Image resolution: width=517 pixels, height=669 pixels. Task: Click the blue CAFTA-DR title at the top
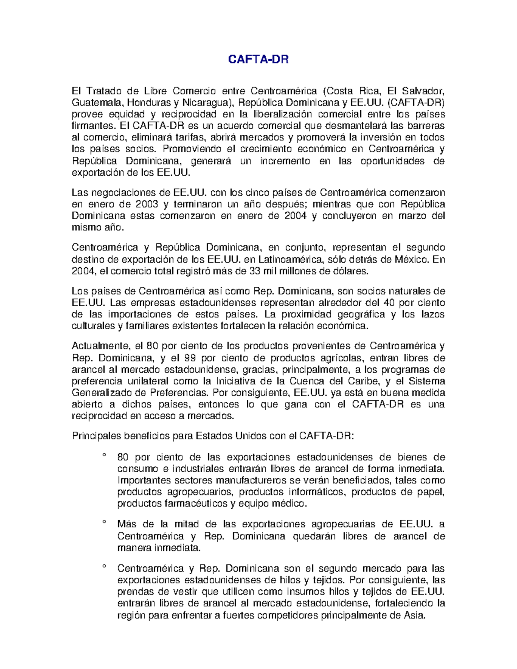coord(258,59)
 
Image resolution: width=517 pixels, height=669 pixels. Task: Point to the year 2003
coord(146,204)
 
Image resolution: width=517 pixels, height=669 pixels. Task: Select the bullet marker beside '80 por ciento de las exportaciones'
coord(104,455)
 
